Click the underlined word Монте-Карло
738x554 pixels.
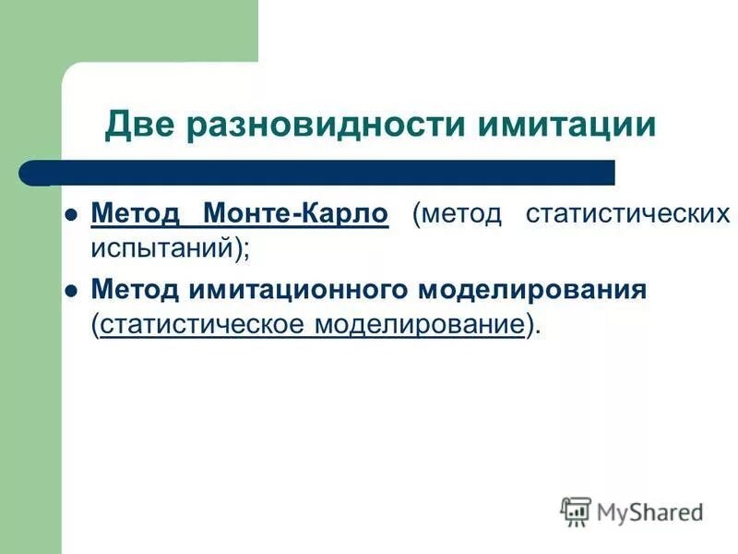(x=296, y=214)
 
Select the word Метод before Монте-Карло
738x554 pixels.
(x=136, y=214)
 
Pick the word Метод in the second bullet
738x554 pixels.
(x=136, y=290)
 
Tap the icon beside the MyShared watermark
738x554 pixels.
(x=576, y=511)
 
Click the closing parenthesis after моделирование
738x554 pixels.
(x=529, y=324)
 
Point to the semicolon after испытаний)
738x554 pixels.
(x=247, y=247)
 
